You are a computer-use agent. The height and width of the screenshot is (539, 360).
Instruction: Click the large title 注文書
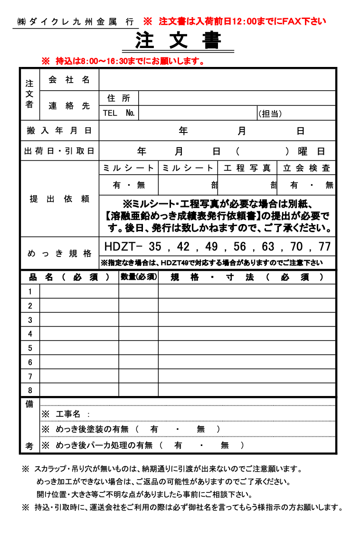(178, 40)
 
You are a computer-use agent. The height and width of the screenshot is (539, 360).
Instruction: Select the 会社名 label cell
(69, 80)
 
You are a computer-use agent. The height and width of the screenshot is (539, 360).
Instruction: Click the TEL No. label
(119, 113)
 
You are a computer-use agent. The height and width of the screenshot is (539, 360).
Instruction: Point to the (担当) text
(270, 113)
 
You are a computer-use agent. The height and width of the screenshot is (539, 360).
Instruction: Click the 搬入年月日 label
(59, 131)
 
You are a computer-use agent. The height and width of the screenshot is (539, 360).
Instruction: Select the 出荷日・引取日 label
(59, 151)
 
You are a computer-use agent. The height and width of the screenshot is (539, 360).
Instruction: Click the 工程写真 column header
(247, 168)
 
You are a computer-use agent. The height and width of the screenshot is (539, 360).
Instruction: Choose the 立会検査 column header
(306, 168)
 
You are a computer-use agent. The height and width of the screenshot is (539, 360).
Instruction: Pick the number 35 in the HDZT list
(155, 246)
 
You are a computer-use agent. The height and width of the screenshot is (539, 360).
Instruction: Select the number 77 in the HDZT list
(325, 246)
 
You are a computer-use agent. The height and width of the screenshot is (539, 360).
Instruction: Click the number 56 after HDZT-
(240, 246)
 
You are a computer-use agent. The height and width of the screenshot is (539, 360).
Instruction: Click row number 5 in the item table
(30, 348)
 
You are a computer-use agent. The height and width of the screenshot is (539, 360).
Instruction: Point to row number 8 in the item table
(30, 390)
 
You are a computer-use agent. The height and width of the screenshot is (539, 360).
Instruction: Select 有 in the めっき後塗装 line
(154, 429)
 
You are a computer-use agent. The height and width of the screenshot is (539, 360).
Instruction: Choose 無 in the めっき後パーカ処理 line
(225, 445)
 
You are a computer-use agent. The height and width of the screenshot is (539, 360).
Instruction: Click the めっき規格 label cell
(59, 253)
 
